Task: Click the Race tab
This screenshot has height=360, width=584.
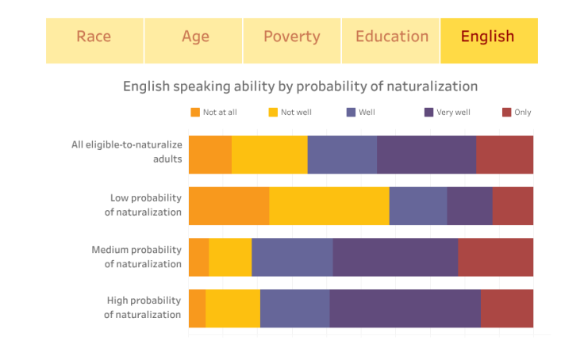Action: pos(94,37)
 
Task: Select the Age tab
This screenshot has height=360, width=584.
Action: pos(195,37)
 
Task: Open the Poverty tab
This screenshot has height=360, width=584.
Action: pos(292,37)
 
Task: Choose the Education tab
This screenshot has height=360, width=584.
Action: pos(392,37)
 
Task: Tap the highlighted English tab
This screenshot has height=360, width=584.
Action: pos(488,37)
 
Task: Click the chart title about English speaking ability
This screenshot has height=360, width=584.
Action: pos(300,86)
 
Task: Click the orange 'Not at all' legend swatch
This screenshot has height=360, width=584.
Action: pos(195,112)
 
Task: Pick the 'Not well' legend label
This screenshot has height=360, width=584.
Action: pos(296,112)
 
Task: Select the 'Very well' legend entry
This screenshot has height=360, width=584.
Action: pos(453,112)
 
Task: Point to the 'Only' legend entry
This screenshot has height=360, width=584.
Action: pos(522,112)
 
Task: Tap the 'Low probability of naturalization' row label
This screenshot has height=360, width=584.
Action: pos(143,205)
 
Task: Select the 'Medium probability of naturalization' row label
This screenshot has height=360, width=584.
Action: pos(136,257)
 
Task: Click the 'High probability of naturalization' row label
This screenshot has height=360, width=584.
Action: pos(143,308)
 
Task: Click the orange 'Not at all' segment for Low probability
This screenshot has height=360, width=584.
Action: pos(229,205)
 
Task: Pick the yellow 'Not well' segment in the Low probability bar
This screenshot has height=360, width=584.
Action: pos(329,205)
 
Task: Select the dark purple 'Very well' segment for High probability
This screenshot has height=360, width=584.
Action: pos(405,308)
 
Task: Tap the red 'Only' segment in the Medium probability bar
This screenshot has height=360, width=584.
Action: pos(495,257)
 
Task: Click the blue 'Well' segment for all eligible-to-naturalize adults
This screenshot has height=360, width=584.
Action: pos(342,154)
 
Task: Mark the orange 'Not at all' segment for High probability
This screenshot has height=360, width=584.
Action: pos(197,308)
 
